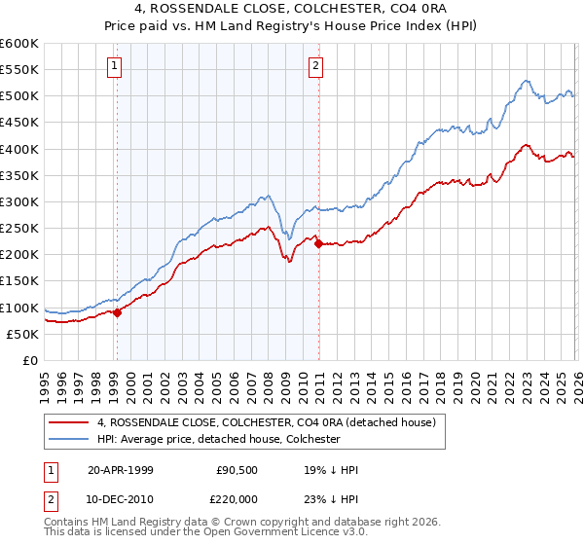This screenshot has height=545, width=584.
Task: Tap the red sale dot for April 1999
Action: [118, 312]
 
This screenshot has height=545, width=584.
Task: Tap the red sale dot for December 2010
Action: [318, 243]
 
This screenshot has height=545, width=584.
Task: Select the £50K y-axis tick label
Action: [22, 334]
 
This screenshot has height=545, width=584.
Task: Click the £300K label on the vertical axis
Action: [18, 201]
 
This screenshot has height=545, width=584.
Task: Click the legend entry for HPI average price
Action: [218, 439]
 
